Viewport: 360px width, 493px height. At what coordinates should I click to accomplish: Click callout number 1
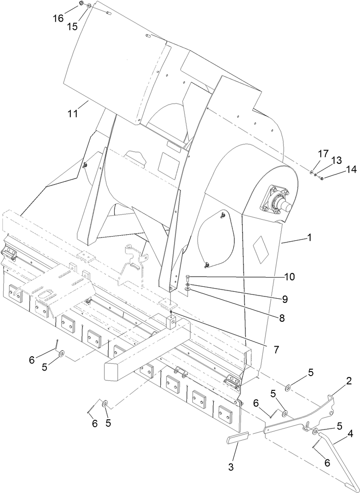point(309,238)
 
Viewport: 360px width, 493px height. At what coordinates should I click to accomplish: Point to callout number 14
point(338,170)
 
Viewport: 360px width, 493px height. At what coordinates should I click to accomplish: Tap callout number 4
point(350,434)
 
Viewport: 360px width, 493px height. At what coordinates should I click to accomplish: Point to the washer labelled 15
point(88,6)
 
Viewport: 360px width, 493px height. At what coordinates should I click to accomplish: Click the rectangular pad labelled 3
point(238,437)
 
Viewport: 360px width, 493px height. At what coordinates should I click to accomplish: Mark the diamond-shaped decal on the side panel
point(261,249)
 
